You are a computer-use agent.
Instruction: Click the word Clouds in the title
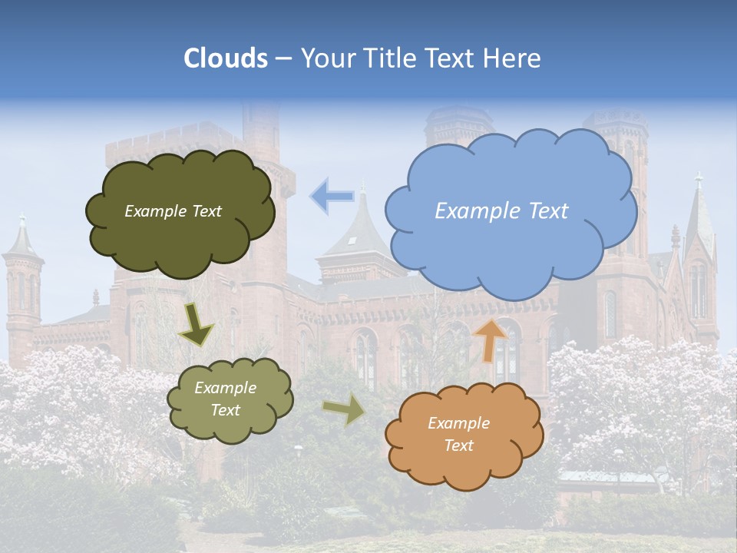click(226, 58)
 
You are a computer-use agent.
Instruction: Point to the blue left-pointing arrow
click(332, 196)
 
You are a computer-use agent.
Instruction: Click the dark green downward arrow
click(196, 325)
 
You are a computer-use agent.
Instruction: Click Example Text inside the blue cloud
click(501, 211)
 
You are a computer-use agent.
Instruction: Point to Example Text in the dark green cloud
click(173, 211)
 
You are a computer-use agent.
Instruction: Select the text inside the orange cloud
click(458, 434)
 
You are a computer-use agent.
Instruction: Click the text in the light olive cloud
click(225, 399)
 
